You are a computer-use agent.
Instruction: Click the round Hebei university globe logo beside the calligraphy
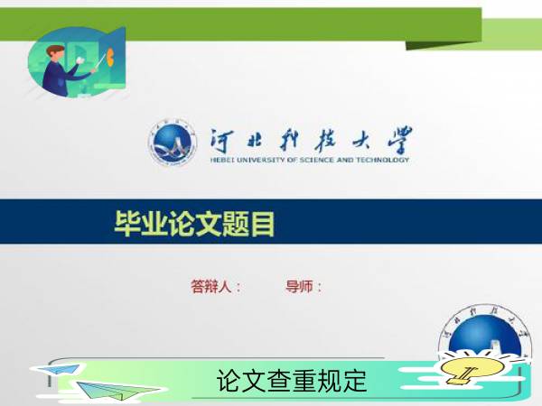click(x=173, y=143)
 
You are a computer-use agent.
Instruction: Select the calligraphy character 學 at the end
click(x=400, y=140)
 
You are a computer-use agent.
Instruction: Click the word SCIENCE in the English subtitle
click(x=317, y=160)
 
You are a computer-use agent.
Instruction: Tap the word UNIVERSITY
click(x=261, y=160)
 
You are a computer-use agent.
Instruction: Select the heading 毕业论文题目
click(x=194, y=224)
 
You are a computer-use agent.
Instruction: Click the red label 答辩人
click(x=210, y=287)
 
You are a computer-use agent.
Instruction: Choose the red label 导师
click(x=299, y=287)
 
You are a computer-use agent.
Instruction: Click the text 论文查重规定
click(x=292, y=381)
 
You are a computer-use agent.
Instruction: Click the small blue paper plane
click(x=59, y=369)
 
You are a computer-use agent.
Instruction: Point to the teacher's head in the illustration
click(x=56, y=53)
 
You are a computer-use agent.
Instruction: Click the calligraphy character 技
click(x=326, y=141)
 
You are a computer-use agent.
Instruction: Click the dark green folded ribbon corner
click(x=444, y=46)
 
